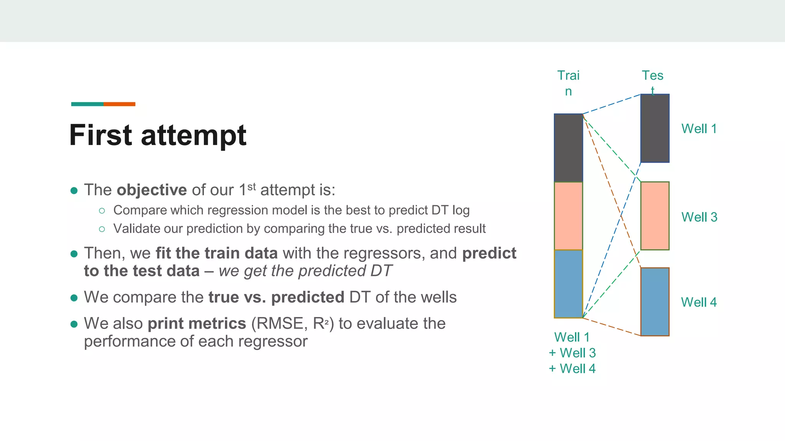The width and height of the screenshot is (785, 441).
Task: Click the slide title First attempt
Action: pos(158,135)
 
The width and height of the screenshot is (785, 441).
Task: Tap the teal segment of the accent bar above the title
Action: pos(87,104)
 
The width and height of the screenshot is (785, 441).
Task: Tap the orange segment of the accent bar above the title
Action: pos(119,104)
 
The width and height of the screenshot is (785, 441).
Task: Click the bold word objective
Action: pos(151,190)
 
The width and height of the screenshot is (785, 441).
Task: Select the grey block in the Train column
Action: pos(568,148)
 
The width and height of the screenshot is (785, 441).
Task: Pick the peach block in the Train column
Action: pos(568,216)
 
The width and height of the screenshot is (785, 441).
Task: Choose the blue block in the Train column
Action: pos(568,284)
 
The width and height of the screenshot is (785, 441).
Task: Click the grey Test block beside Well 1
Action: pos(655,128)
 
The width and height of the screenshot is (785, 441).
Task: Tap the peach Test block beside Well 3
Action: pos(655,216)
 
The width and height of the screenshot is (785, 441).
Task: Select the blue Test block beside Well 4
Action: pos(655,302)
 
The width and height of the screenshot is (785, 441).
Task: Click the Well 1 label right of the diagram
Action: pos(699,129)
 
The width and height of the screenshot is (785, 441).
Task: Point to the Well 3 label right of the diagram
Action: pos(699,217)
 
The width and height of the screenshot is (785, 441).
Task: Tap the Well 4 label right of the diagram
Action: pos(699,302)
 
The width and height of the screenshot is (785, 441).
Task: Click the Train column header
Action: pos(568,83)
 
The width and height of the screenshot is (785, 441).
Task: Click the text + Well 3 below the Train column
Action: pos(572,353)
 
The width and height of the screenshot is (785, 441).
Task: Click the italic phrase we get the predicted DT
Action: pos(305,271)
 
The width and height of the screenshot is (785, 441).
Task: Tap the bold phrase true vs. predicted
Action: pos(276,297)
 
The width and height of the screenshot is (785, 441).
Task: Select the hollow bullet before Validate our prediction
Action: pos(102,229)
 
